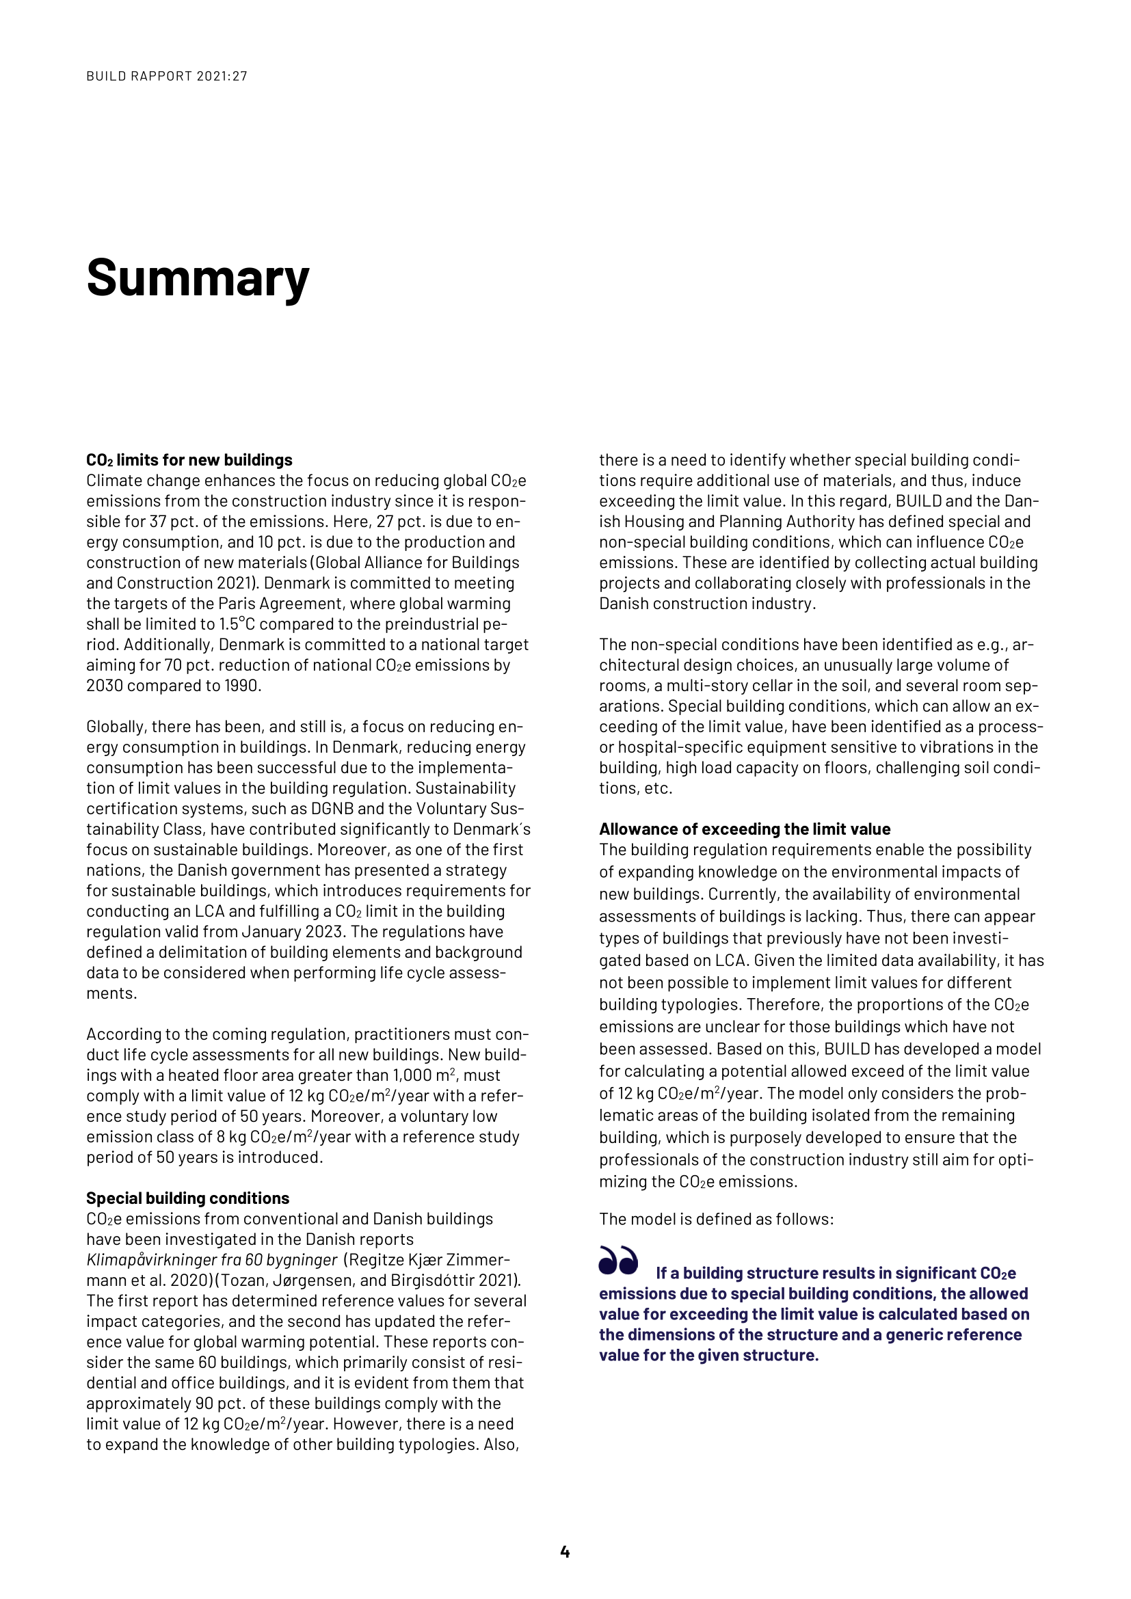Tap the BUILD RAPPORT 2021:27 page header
coord(166,76)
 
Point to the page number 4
coord(565,1552)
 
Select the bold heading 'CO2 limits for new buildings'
coord(189,460)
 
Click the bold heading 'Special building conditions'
coord(187,1198)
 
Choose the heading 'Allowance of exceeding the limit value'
coord(745,829)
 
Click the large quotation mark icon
coord(617,1261)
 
